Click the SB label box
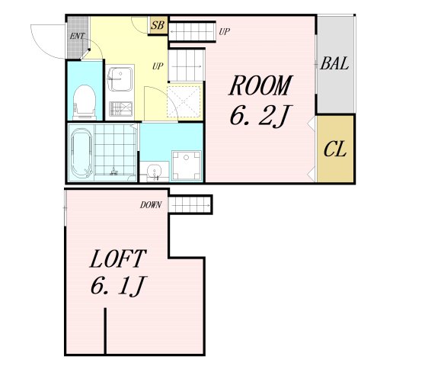pyautogui.click(x=158, y=25)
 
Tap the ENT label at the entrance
pyautogui.click(x=77, y=36)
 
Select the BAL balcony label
pyautogui.click(x=334, y=64)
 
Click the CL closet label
pyautogui.click(x=335, y=149)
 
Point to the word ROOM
pyautogui.click(x=260, y=85)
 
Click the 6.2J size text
pyautogui.click(x=259, y=116)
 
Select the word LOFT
pyautogui.click(x=118, y=258)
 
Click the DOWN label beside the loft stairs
pyautogui.click(x=151, y=205)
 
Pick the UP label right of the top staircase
pyautogui.click(x=224, y=32)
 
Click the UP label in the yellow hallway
pyautogui.click(x=158, y=66)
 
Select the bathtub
pyautogui.click(x=81, y=152)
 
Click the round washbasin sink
pyautogui.click(x=154, y=172)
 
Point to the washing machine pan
pyautogui.click(x=187, y=165)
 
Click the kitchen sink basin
pyautogui.click(x=120, y=79)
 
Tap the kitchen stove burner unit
pyautogui.click(x=120, y=109)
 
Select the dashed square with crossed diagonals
pyautogui.click(x=184, y=101)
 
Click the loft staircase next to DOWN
pyautogui.click(x=190, y=204)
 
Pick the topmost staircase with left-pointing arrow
pyautogui.click(x=192, y=32)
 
